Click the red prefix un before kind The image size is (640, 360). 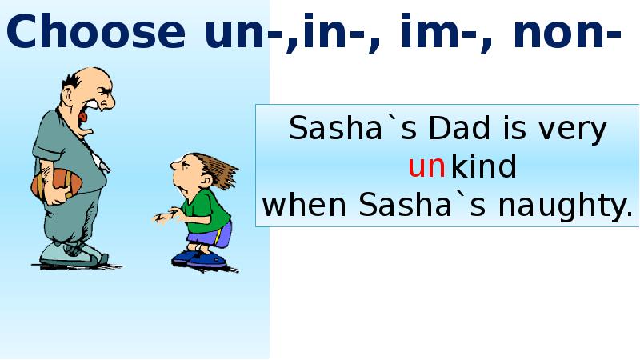click(x=426, y=168)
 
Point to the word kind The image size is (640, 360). click(x=484, y=167)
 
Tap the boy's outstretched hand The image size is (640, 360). click(x=165, y=215)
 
